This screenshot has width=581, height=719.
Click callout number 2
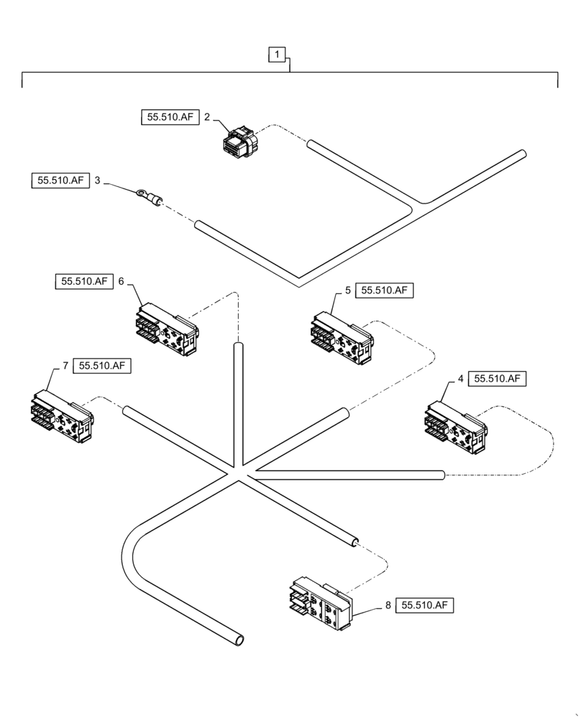206,116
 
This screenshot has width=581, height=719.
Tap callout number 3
98,180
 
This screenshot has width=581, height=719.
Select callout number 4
460,378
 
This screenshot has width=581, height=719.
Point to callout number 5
348,290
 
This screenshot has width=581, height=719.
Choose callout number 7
65,366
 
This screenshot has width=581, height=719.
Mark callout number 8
388,605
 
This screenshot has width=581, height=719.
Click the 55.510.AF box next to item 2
169,116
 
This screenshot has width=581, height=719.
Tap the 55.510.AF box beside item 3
60,180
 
